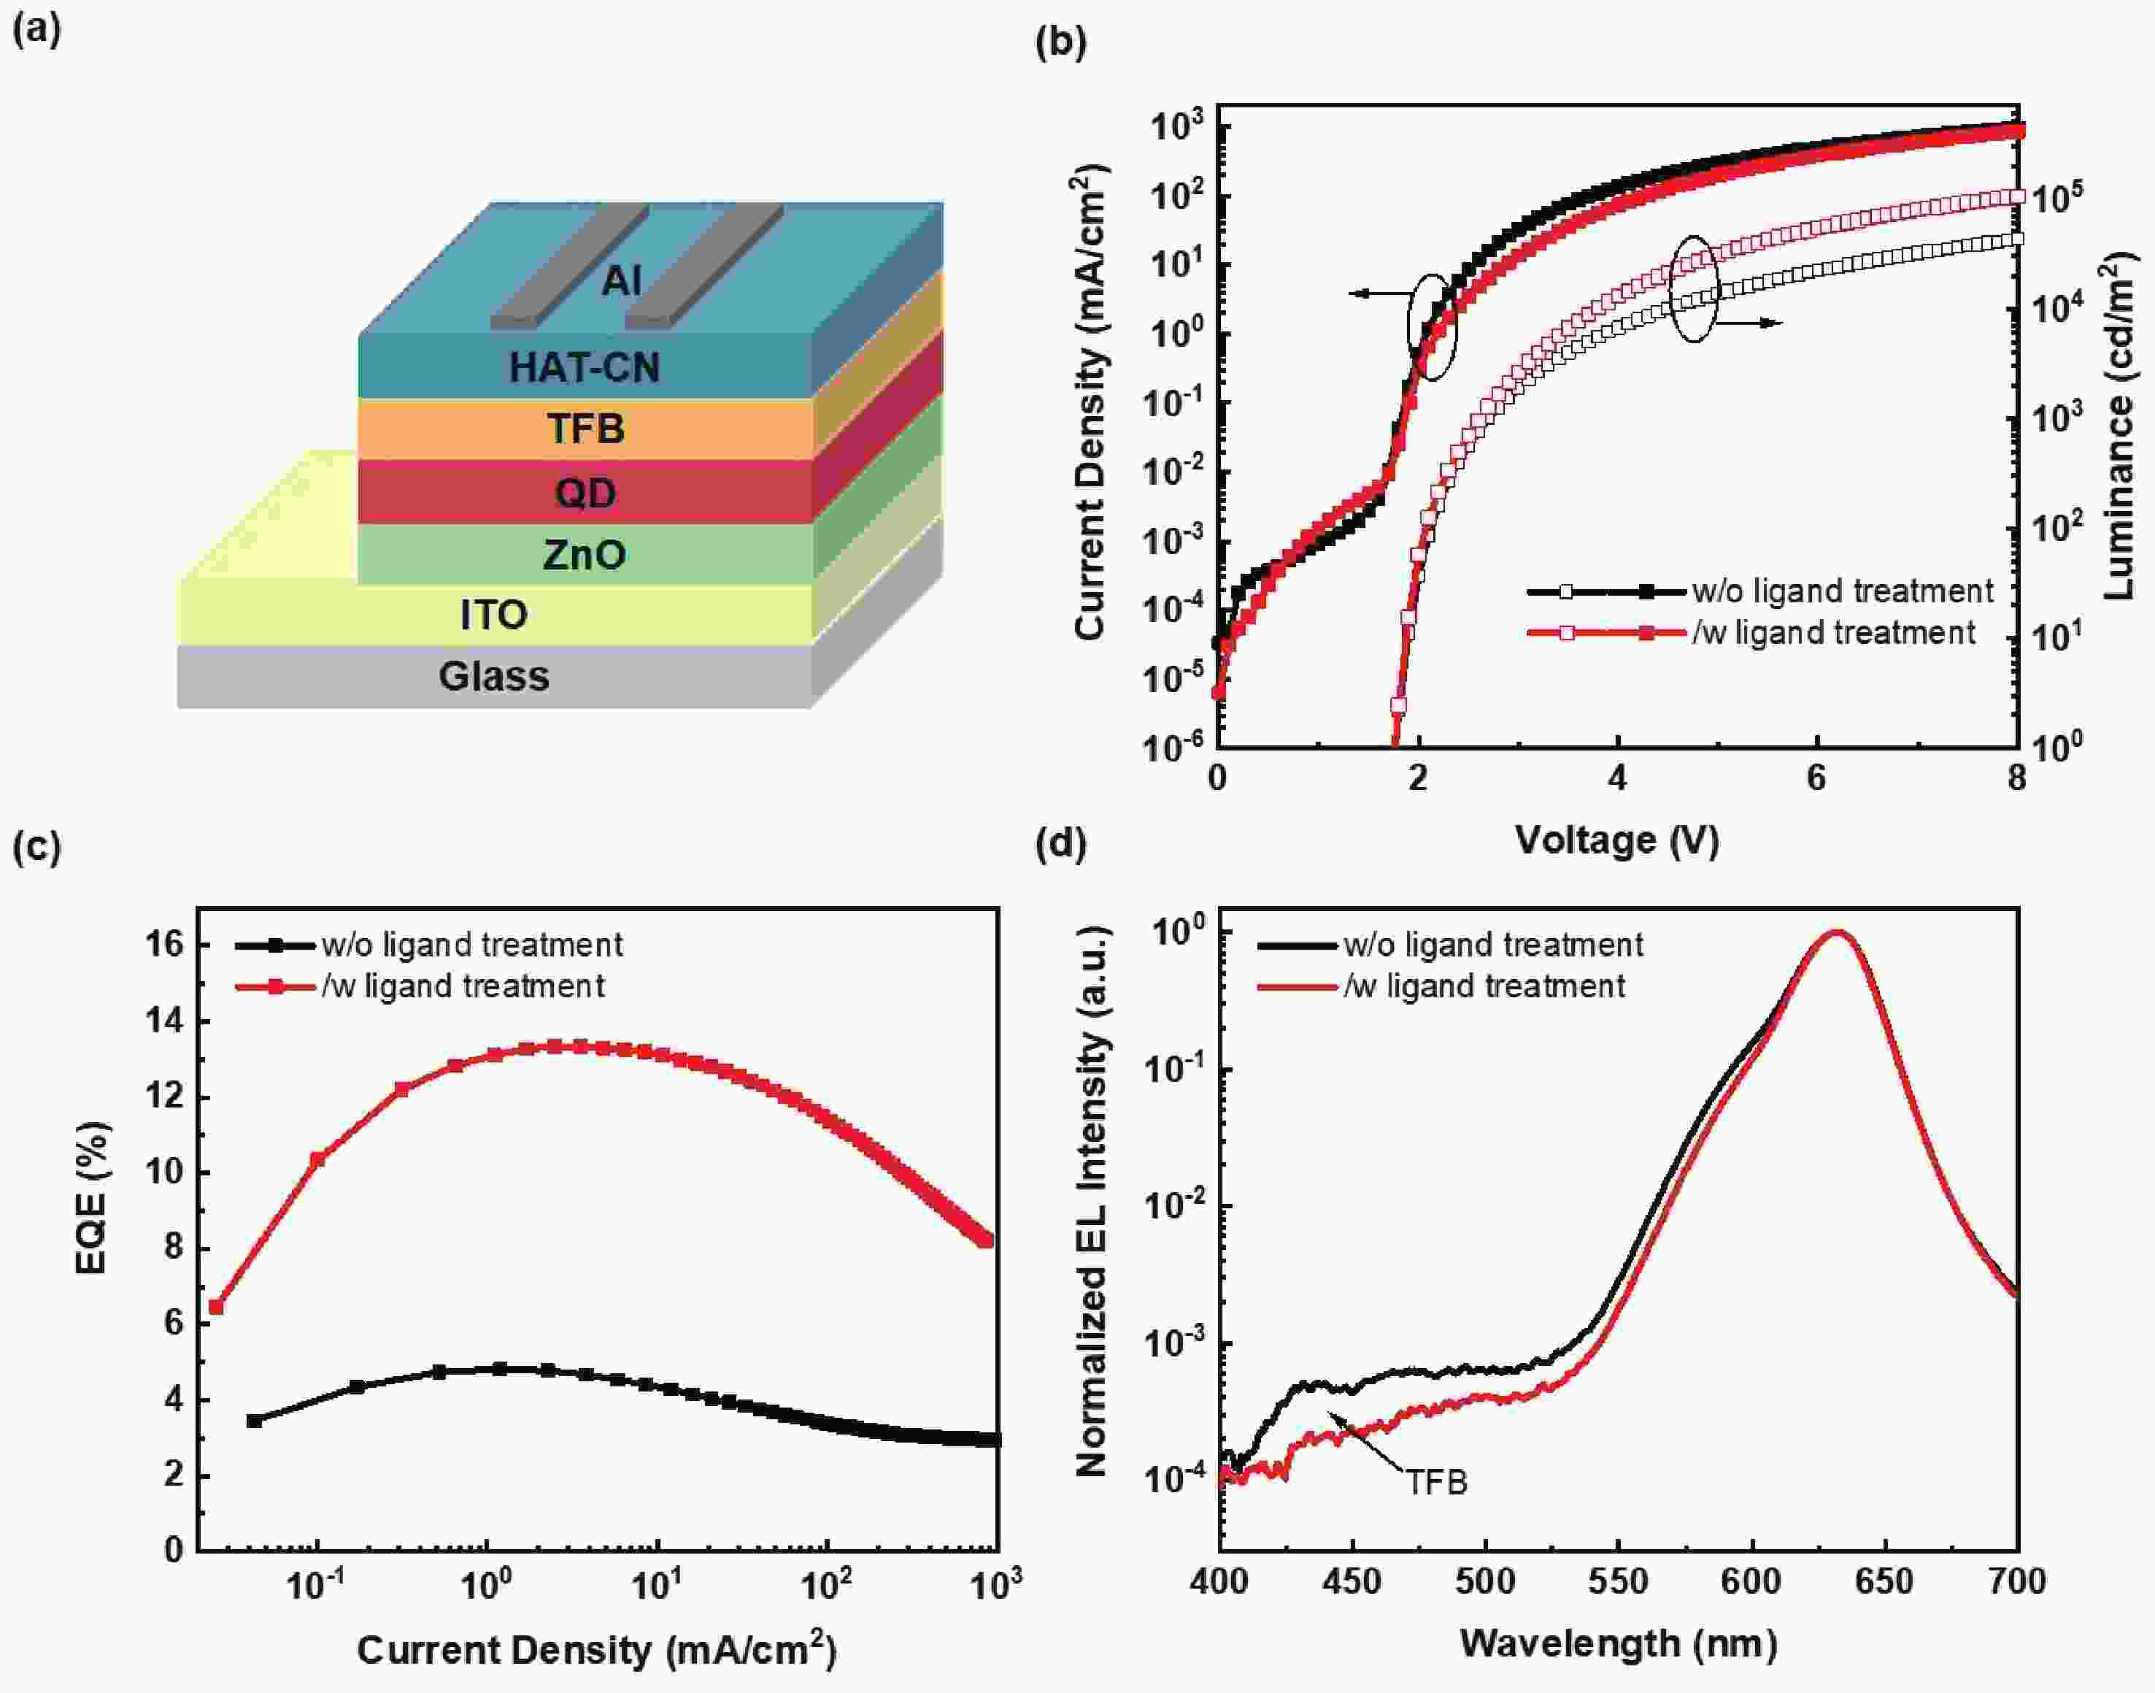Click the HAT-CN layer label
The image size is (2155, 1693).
(585, 368)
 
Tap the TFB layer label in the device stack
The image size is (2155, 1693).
(585, 429)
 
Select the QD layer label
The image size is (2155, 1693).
(585, 493)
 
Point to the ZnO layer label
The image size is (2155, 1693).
(585, 554)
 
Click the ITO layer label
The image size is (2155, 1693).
(493, 615)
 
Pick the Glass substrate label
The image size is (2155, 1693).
(493, 677)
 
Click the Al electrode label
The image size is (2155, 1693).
(621, 282)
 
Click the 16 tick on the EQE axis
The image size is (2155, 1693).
(166, 945)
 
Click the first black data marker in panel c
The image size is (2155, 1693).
(255, 1421)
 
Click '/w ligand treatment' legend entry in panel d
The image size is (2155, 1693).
(1483, 986)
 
